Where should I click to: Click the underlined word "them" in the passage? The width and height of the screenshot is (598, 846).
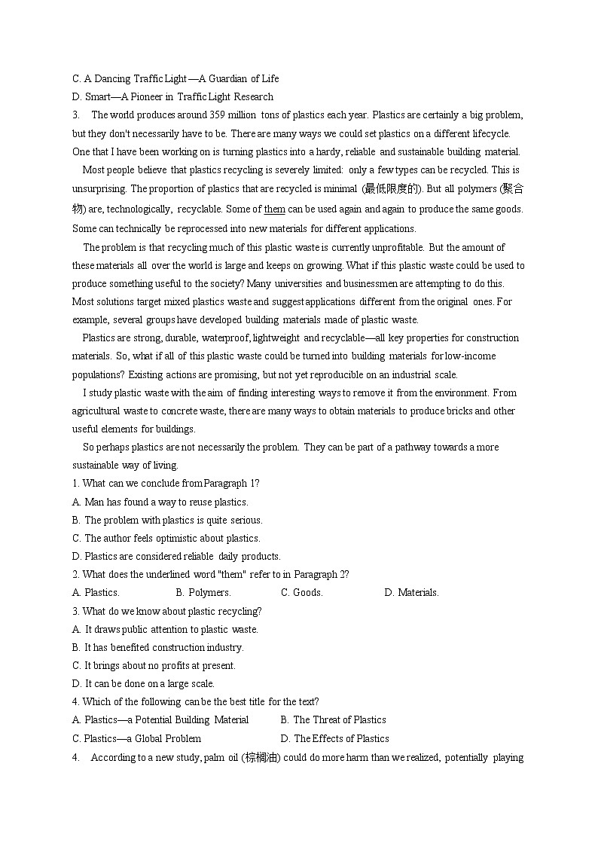point(275,209)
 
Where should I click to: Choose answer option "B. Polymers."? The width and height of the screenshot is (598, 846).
point(203,593)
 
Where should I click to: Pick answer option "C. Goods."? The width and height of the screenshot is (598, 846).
point(301,593)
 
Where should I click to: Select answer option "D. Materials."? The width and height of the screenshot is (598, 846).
point(411,593)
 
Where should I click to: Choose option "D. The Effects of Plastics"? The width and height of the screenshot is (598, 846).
point(334,738)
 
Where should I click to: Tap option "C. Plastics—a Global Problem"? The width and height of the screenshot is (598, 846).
point(136,738)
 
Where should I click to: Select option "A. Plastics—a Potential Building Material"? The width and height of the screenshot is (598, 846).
point(160,720)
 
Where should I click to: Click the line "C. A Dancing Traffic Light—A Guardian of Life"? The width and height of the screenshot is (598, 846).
point(175,78)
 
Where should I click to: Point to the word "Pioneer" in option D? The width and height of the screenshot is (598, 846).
point(146,96)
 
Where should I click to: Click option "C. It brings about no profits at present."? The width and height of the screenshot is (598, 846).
point(154,666)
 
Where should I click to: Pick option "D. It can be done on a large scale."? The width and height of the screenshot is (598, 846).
point(143,684)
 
